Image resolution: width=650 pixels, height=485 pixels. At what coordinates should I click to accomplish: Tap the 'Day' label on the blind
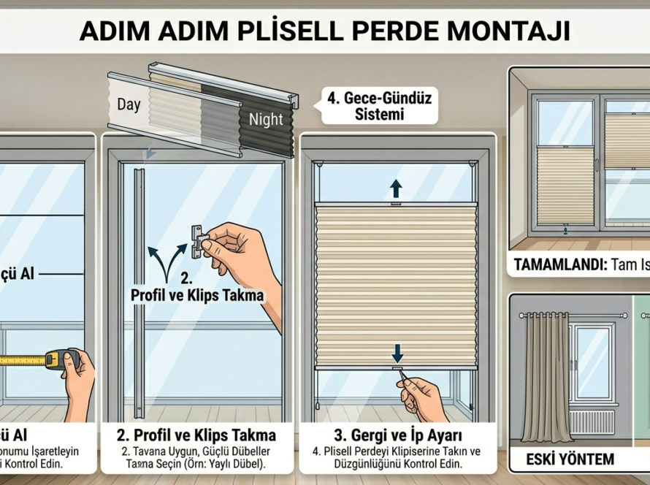coord(129,104)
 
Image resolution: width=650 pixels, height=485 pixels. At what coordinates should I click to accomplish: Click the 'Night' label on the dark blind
coord(266,120)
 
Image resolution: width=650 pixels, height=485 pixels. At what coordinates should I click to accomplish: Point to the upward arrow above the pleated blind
coord(396,189)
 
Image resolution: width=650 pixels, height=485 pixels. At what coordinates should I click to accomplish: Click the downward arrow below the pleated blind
coord(397,354)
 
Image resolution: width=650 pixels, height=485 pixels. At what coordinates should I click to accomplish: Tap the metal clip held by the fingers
coord(196,241)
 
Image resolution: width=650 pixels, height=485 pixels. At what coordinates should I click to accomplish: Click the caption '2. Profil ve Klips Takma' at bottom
coord(196,435)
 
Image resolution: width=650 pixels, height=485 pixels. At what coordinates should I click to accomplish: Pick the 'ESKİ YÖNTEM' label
coord(570,459)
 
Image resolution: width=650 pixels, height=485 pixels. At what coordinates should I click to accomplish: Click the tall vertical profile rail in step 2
coord(138,292)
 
